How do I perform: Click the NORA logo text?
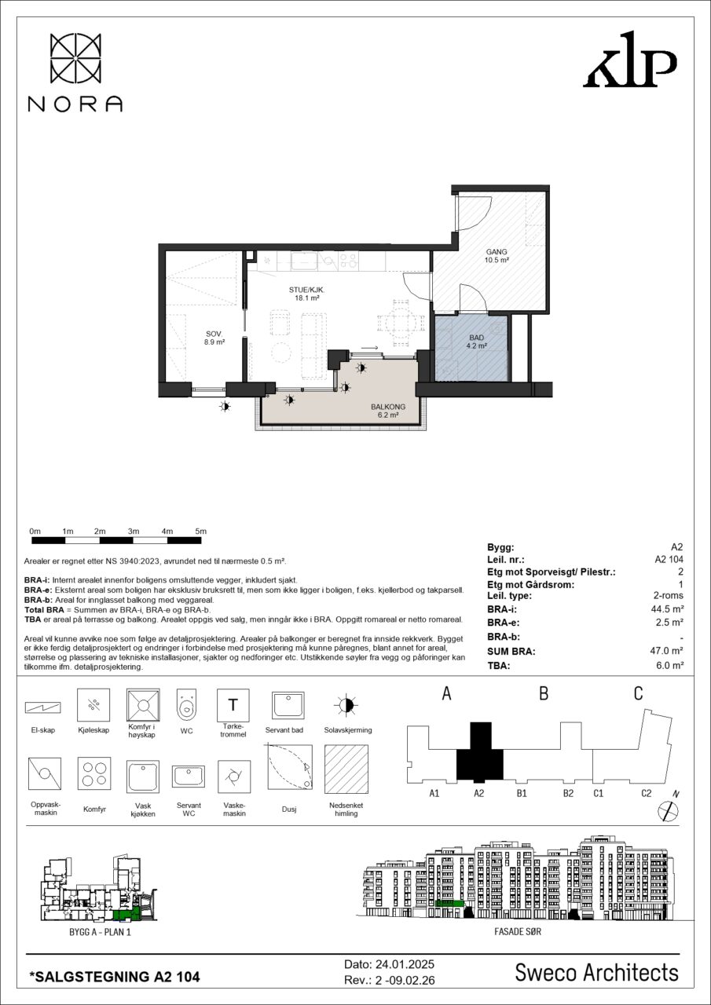click(75, 104)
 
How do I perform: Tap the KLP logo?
click(630, 59)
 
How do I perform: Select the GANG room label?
click(497, 252)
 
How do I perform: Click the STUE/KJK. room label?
click(307, 291)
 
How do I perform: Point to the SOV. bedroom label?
click(214, 334)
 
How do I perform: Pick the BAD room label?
click(477, 338)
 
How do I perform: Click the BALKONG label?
click(388, 407)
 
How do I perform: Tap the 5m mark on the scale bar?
click(200, 532)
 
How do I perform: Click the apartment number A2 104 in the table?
click(669, 560)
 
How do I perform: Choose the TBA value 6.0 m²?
click(669, 665)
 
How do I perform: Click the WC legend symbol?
click(187, 705)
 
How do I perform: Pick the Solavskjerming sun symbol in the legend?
click(346, 706)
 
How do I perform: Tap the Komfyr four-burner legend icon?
click(94, 774)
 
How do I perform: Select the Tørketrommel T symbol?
click(233, 705)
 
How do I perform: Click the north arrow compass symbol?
click(669, 810)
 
